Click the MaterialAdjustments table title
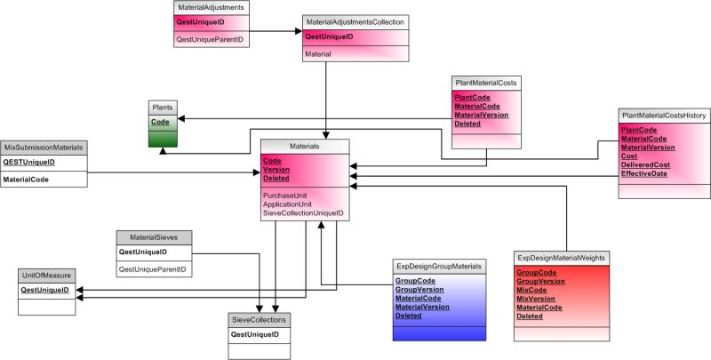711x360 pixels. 210,7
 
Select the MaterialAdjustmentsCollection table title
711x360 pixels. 355,20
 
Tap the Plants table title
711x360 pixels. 162,108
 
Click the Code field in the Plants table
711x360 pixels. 160,122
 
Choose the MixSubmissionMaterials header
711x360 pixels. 44,147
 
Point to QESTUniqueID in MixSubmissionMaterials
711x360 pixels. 29,162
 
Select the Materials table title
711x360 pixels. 304,145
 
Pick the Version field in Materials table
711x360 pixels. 276,169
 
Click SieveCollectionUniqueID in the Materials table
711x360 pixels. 303,213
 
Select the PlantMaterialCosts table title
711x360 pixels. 486,82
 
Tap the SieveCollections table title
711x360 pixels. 259,319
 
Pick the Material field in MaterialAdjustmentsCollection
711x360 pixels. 318,54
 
